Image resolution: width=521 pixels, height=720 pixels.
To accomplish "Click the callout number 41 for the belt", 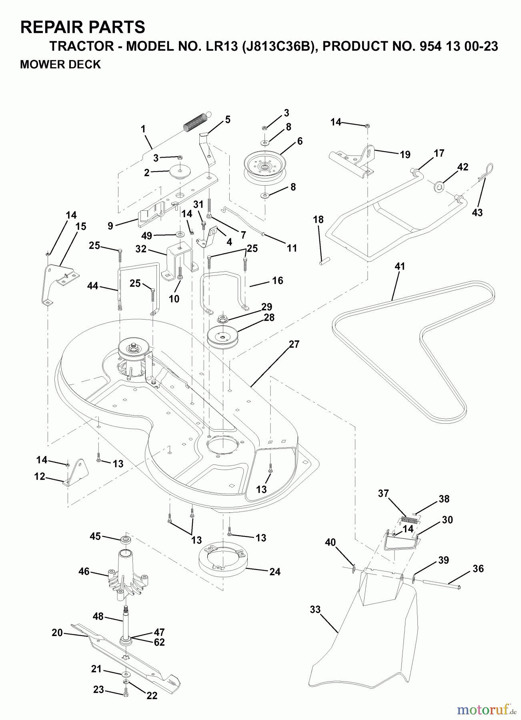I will [x=400, y=266].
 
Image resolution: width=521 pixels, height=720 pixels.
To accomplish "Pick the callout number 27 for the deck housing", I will [x=294, y=344].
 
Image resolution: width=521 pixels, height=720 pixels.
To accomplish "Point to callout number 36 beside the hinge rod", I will [x=478, y=568].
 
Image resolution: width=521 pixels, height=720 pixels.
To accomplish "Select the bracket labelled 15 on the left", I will [x=58, y=284].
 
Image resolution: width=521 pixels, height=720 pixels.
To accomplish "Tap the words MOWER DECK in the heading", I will [x=60, y=64].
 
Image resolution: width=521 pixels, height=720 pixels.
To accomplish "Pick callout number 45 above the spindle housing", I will [x=95, y=536].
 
